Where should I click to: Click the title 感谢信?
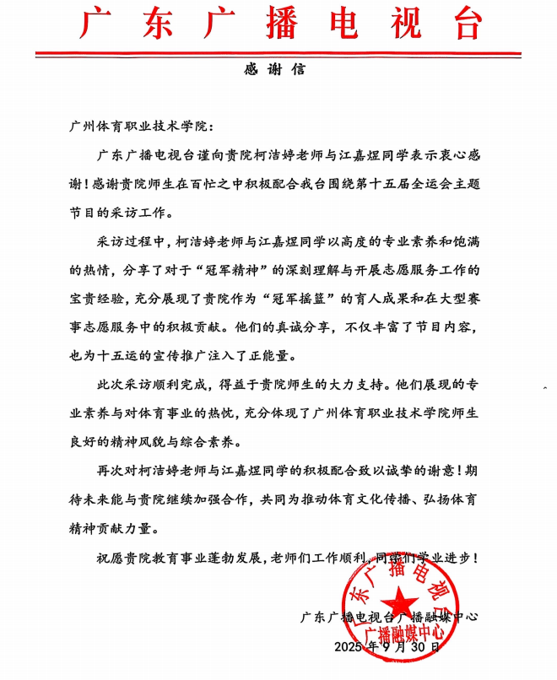click(x=278, y=70)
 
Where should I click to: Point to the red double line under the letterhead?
click(x=278, y=55)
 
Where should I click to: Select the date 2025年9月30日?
click(x=387, y=648)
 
